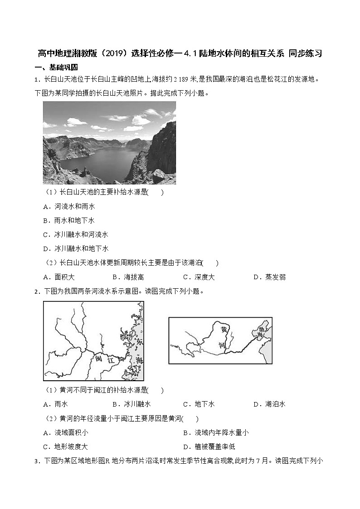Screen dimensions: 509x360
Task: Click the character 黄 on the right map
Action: pos(222,329)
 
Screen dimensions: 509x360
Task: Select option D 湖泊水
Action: pos(275,404)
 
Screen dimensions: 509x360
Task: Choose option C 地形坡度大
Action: pos(71,446)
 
